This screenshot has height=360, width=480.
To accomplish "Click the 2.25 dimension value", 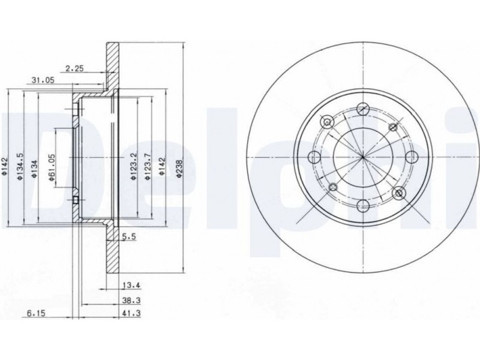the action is [x=75, y=68].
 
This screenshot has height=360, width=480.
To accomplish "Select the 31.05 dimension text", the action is [x=43, y=80].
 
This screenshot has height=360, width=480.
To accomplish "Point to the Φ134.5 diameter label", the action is [x=20, y=166].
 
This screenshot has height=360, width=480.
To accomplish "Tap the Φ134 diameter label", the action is [x=34, y=169].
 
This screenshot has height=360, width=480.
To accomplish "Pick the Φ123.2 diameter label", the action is [x=133, y=166].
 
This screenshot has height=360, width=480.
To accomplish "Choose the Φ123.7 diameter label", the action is [x=148, y=166].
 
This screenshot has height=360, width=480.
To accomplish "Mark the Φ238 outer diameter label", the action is [x=179, y=169].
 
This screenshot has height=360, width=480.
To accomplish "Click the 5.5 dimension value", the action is [x=128, y=236].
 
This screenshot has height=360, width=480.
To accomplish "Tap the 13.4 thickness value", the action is [x=131, y=286].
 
